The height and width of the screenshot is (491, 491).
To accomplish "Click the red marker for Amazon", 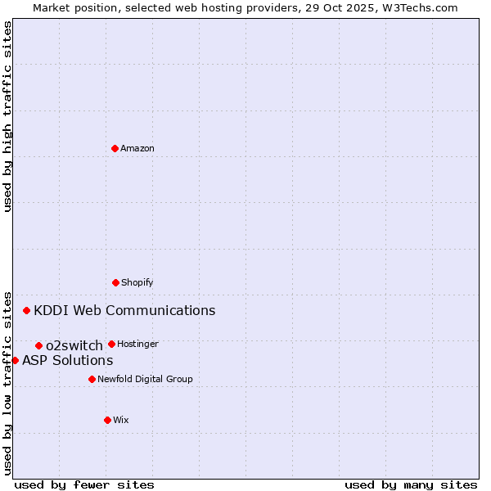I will pyautogui.click(x=115, y=148).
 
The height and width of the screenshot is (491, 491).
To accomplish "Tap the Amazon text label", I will pyautogui.click(x=137, y=149).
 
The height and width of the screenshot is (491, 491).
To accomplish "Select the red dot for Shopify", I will pyautogui.click(x=115, y=282).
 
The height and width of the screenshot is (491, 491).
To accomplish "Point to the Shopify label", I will pyautogui.click(x=137, y=283).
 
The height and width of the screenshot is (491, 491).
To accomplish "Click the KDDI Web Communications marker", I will pyautogui.click(x=26, y=310).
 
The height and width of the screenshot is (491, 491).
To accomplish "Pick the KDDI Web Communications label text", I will pyautogui.click(x=124, y=311).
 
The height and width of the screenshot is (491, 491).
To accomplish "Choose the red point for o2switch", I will pyautogui.click(x=38, y=345).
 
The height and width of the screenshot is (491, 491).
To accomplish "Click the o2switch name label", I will pyautogui.click(x=74, y=346).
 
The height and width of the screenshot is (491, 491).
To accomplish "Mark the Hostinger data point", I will pyautogui.click(x=111, y=344).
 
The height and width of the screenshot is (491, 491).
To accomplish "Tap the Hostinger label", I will pyautogui.click(x=137, y=345).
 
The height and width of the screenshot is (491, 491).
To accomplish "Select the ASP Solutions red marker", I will pyautogui.click(x=15, y=360).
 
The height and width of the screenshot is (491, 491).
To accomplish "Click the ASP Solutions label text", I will pyautogui.click(x=67, y=361).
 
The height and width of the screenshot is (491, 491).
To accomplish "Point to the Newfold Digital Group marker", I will pyautogui.click(x=92, y=379).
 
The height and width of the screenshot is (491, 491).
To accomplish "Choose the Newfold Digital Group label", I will pyautogui.click(x=145, y=380).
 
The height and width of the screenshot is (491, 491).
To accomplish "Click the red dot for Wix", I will pyautogui.click(x=107, y=420).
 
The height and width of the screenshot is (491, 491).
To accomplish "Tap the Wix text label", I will pyautogui.click(x=121, y=421).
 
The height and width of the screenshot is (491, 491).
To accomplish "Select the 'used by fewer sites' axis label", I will pyautogui.click(x=84, y=485).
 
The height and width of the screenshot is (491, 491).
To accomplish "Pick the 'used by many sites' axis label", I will pyautogui.click(x=411, y=485).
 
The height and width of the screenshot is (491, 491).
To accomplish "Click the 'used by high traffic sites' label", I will pyautogui.click(x=7, y=116).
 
